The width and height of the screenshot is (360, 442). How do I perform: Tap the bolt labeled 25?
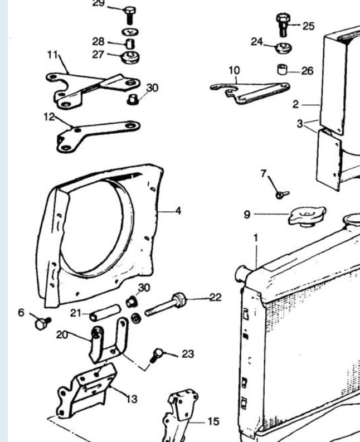pos(282,25)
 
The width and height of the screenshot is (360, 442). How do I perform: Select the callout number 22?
pos(215,297)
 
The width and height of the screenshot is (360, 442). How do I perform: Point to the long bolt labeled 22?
pos(167,304)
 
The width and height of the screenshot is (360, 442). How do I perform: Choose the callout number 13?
pos(133,399)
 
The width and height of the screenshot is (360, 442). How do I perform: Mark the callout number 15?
pos(213,421)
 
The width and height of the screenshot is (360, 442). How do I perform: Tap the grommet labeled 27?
pos(130,57)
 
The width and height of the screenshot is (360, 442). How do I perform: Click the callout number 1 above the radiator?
pos(255,238)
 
